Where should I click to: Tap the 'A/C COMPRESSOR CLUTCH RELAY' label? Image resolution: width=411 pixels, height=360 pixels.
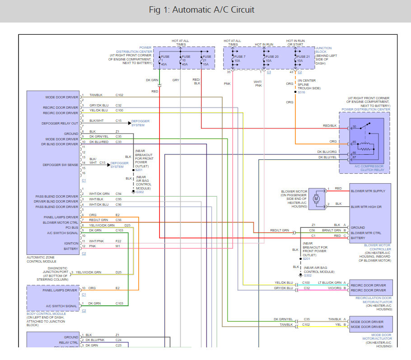(363, 168)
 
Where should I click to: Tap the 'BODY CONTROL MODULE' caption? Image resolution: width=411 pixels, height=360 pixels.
(45, 317)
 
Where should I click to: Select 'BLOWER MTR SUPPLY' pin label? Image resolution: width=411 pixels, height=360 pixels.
(368, 191)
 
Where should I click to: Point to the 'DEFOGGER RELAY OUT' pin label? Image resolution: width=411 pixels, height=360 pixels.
(60, 123)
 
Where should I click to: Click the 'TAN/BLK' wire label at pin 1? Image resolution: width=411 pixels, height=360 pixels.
(96, 95)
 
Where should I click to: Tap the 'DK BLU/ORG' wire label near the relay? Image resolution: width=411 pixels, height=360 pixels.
(327, 152)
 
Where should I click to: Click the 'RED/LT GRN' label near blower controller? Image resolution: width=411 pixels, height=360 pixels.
(279, 230)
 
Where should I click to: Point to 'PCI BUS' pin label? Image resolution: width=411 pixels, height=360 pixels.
(71, 227)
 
